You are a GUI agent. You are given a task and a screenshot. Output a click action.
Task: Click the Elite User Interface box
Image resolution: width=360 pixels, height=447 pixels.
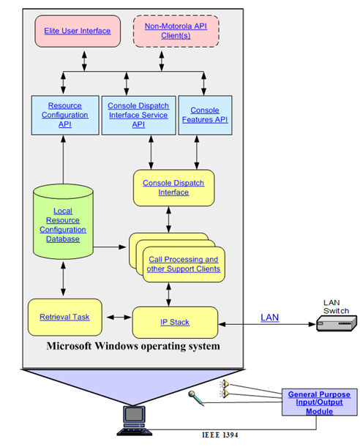[x=78, y=31]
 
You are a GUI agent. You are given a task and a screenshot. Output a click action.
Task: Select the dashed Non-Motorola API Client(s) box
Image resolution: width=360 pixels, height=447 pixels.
[x=176, y=31]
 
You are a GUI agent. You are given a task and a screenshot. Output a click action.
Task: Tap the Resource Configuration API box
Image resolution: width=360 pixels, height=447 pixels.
[x=65, y=115]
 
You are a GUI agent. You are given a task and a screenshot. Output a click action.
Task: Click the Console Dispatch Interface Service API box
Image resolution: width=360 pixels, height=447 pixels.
[x=138, y=115]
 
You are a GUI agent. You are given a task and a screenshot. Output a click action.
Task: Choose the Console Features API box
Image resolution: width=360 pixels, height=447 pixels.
[x=205, y=115]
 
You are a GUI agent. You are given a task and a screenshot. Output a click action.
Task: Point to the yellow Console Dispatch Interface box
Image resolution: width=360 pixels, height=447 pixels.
[x=173, y=188]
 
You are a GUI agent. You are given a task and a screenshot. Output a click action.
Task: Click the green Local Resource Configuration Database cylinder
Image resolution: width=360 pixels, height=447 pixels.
[x=63, y=222]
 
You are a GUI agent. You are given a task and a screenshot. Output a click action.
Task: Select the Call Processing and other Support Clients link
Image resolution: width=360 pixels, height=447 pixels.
[x=184, y=264]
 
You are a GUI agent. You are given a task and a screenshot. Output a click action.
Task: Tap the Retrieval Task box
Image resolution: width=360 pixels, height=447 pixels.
[x=64, y=317]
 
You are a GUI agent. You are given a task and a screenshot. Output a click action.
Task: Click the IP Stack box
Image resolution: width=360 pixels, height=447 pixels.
[x=175, y=323]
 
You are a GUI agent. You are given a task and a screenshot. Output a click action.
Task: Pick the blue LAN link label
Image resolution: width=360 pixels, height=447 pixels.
[x=270, y=318]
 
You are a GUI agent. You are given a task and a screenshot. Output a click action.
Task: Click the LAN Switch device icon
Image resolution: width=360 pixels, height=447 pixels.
[x=337, y=323]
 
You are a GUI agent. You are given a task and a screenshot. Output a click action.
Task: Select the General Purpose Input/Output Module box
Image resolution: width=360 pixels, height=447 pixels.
[x=319, y=402]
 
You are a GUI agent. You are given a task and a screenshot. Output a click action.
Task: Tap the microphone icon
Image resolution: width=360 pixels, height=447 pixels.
[x=196, y=398]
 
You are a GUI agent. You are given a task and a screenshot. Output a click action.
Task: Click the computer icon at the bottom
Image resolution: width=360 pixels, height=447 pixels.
[x=134, y=421]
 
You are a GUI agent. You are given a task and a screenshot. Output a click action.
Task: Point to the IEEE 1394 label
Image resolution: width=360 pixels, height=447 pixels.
[x=220, y=435]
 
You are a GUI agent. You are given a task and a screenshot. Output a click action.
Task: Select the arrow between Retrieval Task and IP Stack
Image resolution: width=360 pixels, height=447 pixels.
[x=119, y=317]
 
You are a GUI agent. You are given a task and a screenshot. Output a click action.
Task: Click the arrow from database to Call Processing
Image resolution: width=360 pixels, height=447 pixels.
[x=110, y=247]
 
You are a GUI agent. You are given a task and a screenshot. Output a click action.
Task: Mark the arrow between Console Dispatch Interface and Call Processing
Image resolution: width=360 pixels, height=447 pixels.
[x=169, y=219]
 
